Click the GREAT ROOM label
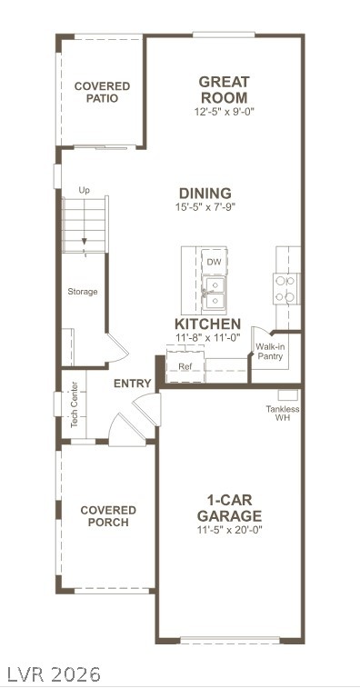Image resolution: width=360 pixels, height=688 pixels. click(224, 89)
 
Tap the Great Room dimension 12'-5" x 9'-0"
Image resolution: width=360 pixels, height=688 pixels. click(225, 112)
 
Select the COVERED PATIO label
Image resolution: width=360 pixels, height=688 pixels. click(103, 92)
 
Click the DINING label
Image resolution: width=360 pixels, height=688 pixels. click(205, 193)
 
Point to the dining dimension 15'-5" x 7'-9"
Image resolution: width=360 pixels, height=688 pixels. click(205, 206)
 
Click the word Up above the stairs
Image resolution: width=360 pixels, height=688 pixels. click(84, 191)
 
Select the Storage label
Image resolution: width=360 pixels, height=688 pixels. click(83, 292)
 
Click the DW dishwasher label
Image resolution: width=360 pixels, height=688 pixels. click(215, 263)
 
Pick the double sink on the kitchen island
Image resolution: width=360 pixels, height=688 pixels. click(215, 293)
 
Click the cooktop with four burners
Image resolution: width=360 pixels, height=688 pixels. click(285, 289)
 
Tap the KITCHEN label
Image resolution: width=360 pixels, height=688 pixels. click(207, 324)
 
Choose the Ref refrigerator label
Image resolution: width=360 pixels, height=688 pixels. click(185, 366)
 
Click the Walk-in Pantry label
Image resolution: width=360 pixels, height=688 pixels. click(270, 352)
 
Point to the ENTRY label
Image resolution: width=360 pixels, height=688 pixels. click(132, 384)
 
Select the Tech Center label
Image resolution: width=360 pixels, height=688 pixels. click(75, 404)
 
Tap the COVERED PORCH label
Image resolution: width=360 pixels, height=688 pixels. click(108, 516)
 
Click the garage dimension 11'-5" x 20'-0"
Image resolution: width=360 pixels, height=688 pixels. click(229, 530)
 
